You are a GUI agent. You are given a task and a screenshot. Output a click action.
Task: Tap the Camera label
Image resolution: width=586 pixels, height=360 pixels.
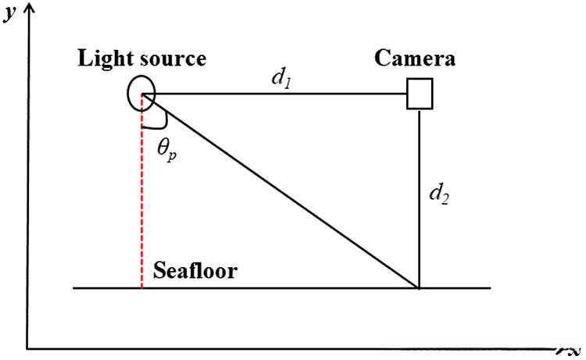pos(414,59)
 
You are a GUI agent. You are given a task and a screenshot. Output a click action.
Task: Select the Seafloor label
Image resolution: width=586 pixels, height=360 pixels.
pos(195,270)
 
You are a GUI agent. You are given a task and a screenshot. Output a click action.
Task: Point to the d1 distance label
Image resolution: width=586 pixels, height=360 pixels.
pos(281,79)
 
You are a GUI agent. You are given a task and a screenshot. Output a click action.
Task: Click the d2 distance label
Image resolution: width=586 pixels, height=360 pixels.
pos(439,194)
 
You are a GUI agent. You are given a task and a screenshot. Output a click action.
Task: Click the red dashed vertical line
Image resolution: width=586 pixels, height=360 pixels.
pos(141,191)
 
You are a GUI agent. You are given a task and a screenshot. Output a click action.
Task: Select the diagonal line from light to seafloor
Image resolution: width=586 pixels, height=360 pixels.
pos(280,191)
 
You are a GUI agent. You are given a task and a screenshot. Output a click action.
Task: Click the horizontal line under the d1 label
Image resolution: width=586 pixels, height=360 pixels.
pos(275,94)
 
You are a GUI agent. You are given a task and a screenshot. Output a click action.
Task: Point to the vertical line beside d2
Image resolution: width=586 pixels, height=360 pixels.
pos(420,198)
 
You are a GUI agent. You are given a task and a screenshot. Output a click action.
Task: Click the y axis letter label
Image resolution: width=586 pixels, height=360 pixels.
pos(10,13)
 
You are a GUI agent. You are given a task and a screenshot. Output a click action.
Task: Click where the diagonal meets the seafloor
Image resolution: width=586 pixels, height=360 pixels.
pos(419,288)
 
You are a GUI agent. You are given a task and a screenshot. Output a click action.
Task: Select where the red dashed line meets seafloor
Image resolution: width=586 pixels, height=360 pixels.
pos(141,288)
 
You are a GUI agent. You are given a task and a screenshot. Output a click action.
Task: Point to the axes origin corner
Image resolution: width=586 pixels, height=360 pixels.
pos(27,349)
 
